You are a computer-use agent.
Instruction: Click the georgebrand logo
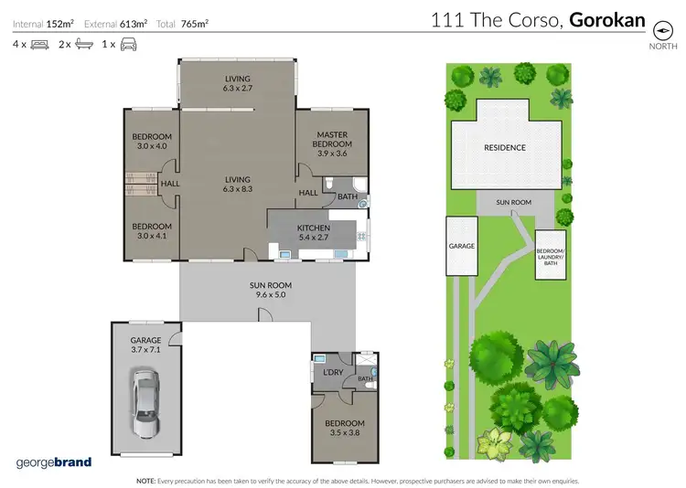click(x=54, y=461)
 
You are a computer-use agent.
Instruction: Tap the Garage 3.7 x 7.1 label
click(x=145, y=345)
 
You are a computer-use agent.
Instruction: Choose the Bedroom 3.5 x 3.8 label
click(x=344, y=429)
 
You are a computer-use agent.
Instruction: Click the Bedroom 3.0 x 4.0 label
click(x=153, y=142)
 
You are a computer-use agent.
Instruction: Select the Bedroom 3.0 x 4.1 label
click(x=153, y=232)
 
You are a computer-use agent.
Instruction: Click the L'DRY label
click(x=332, y=373)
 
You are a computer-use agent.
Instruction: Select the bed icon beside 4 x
click(x=39, y=44)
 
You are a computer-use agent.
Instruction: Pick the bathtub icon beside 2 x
click(x=83, y=44)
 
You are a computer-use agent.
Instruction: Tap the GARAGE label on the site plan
click(x=461, y=246)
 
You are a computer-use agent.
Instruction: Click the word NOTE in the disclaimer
click(x=145, y=481)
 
